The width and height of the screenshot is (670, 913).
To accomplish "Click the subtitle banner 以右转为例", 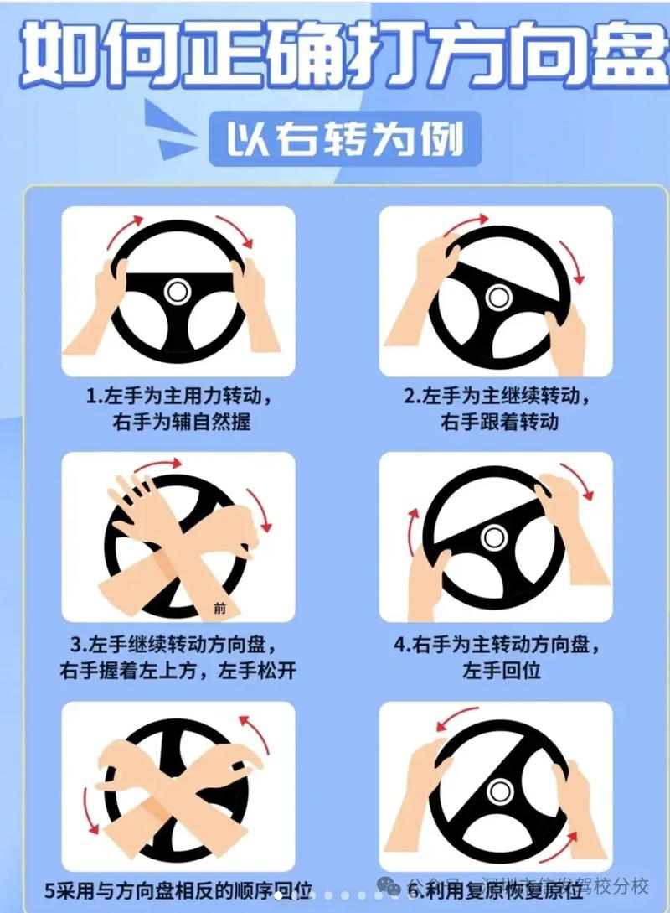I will [344, 138].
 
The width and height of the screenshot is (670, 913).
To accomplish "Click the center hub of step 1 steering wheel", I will [177, 292].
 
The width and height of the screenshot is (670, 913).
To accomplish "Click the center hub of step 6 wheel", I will [500, 791].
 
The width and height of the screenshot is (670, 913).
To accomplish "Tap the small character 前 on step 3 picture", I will [220, 609].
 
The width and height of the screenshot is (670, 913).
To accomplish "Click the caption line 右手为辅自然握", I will [181, 421].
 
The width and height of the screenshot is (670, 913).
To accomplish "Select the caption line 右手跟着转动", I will [499, 421].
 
